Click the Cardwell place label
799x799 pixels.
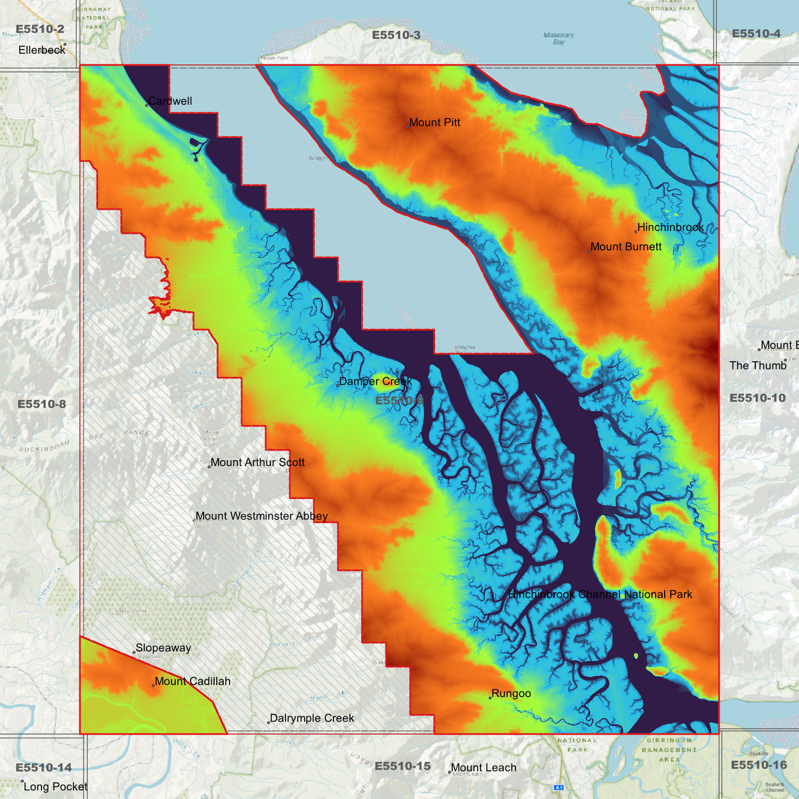click(170, 101)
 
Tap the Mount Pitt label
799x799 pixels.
click(435, 123)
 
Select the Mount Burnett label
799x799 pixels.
click(625, 247)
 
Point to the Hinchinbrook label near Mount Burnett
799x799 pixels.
click(670, 227)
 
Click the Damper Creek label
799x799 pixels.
click(375, 382)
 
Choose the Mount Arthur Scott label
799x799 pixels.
click(257, 463)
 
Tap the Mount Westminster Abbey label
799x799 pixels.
click(262, 516)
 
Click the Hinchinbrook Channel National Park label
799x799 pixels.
click(600, 595)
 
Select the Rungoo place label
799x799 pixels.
click(511, 694)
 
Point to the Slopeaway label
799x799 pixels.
click(163, 648)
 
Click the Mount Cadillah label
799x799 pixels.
click(192, 682)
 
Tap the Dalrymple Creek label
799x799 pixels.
click(312, 718)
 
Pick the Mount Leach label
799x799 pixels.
click(483, 768)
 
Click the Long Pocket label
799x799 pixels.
click(55, 787)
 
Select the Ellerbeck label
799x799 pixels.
click(41, 50)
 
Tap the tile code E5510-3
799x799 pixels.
click(396, 35)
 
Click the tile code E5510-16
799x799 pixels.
click(758, 765)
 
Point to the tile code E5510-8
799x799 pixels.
click(41, 404)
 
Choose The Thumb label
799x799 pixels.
click(758, 366)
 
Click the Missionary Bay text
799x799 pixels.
click(558, 38)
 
